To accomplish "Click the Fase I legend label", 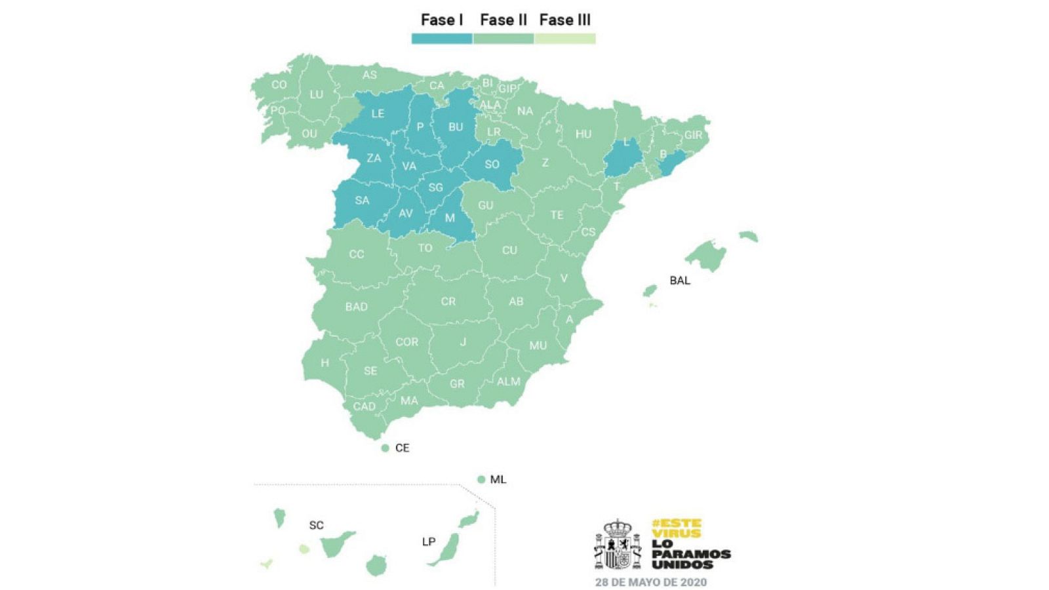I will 441,20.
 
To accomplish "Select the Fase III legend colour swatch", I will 564,39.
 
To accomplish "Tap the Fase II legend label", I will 503,20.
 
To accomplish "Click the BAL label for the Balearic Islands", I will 679,281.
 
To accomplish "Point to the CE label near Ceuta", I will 402,448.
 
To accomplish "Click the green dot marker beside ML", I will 481,480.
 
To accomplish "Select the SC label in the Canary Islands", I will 316,525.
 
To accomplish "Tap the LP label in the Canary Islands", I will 428,541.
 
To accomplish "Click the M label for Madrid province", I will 450,218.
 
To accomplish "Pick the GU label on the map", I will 485,205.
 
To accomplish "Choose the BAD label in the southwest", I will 356,307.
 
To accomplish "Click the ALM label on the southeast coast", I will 508,382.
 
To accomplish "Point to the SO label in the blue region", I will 492,165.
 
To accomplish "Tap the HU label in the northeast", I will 583,134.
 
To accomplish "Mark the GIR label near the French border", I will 693,135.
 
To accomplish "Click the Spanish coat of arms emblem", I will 617,545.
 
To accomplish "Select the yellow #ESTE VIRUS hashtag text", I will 677,528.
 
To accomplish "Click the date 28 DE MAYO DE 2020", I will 650,582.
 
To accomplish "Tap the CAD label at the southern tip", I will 364,406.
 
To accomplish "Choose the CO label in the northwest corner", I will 279,85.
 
